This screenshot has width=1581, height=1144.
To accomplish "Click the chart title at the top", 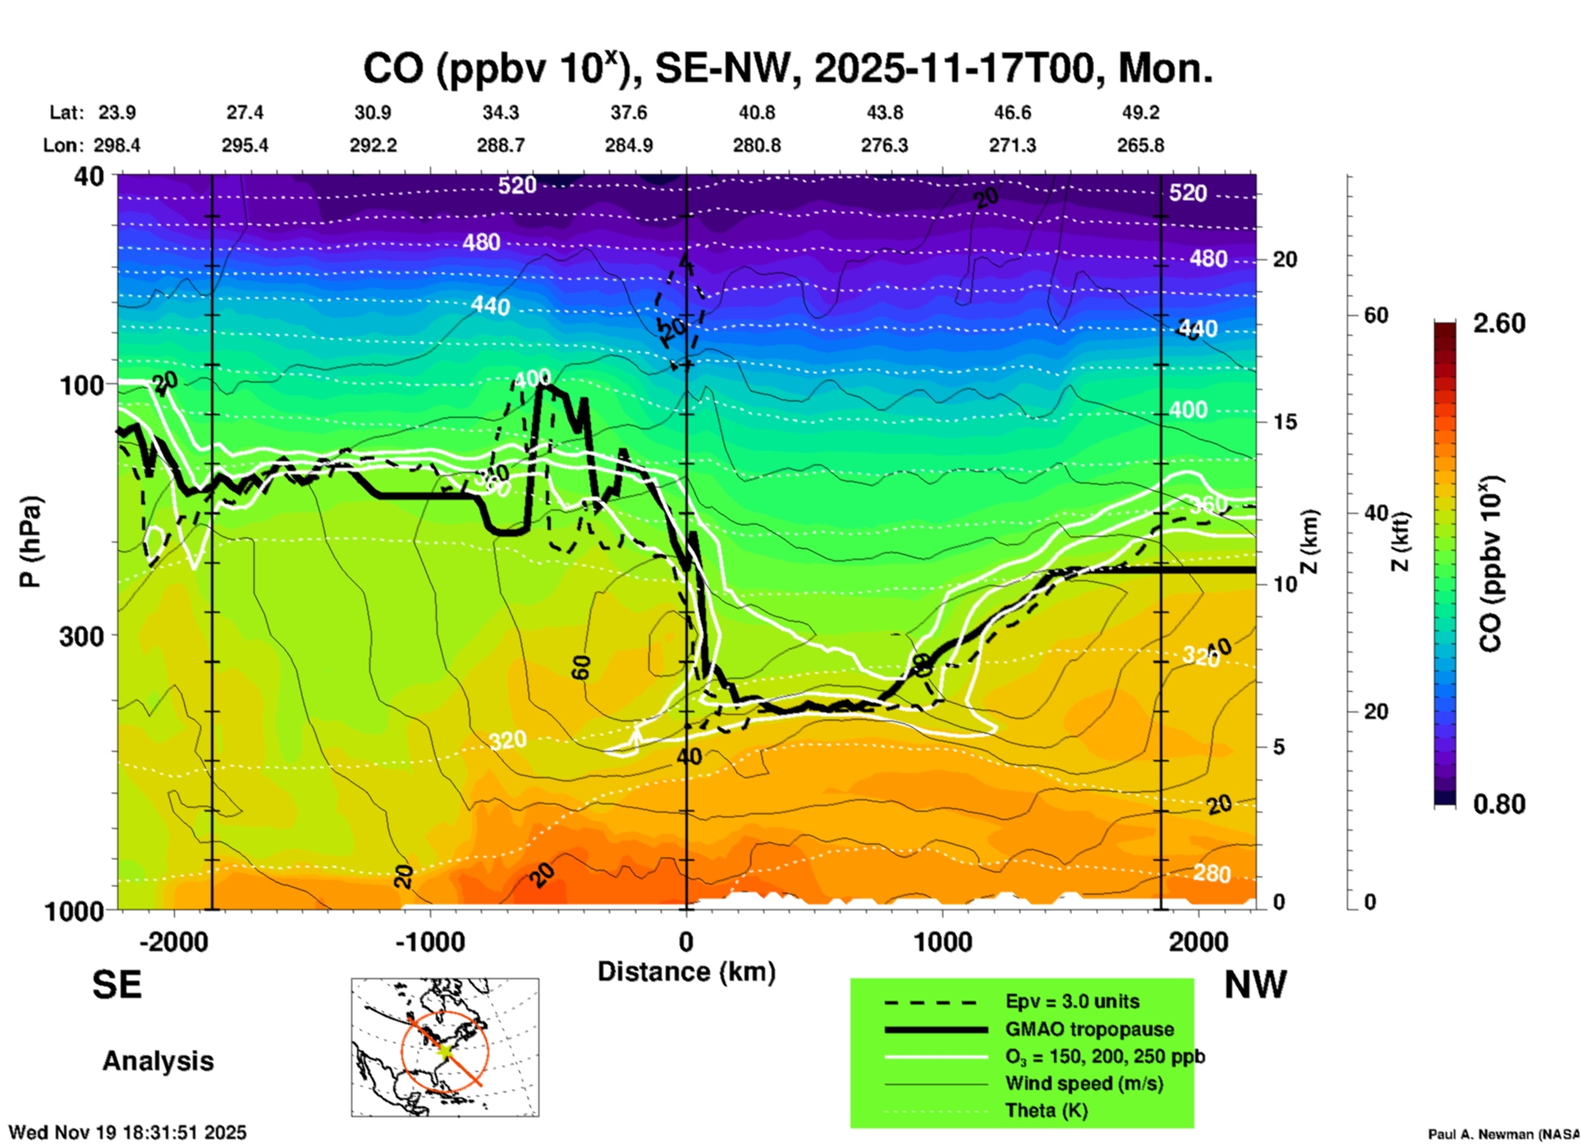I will coord(787,68).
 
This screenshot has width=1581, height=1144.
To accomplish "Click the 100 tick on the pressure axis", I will coord(82,385).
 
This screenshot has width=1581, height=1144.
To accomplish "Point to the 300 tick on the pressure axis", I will coord(82,636).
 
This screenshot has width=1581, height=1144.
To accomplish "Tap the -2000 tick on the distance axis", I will coord(174,942).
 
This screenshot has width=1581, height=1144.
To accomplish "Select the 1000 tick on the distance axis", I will coord(942,942).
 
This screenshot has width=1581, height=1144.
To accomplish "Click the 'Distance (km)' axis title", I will coord(686,972).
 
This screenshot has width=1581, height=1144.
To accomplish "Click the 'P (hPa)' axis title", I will coord(30,542).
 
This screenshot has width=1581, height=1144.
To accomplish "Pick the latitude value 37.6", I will coord(628,112).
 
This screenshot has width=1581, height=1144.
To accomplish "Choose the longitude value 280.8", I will coord(756,146).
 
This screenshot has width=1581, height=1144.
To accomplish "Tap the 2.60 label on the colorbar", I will coord(1499,323).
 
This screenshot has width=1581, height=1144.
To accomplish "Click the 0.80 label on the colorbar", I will coord(1499,804).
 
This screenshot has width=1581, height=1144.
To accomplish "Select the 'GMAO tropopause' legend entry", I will coord(1089,1029).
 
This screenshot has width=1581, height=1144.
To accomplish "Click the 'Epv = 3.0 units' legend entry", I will coord(1072,1002).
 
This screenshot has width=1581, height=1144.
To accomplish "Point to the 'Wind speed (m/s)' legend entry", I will coord(1084,1083).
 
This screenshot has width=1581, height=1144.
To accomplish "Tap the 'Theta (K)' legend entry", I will coord(1047,1110).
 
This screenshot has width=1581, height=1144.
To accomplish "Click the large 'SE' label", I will coord(117,985).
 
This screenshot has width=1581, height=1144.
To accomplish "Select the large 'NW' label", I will coord(1255,985).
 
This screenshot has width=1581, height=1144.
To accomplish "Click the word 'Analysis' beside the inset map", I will coord(158,1061).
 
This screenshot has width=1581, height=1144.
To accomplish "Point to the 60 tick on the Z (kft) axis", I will coord(1376,316).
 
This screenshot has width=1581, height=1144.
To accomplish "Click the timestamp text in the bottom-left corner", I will coord(127,1133).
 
